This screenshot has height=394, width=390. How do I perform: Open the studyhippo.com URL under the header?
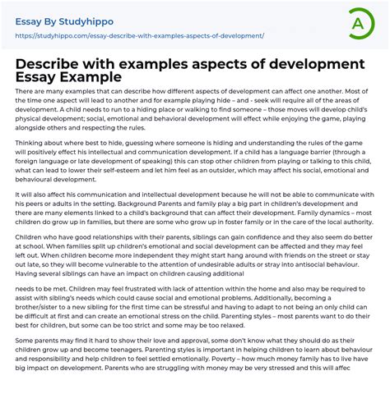click(140, 36)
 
